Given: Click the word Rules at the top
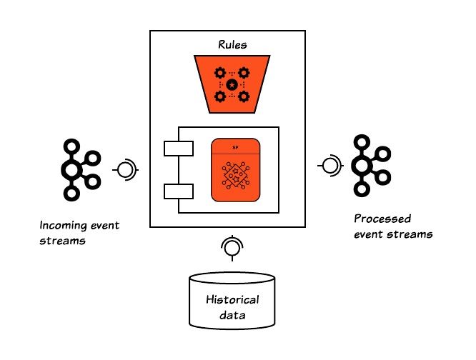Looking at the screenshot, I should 232,45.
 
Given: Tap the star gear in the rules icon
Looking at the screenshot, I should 232,85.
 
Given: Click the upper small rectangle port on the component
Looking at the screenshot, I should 179,148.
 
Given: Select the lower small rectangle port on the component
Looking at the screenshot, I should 179,191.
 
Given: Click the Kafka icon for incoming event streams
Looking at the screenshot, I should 76,169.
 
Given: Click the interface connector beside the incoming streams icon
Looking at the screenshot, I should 125,170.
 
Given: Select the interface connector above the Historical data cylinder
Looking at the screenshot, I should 230,247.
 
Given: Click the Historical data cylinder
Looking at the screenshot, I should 232,299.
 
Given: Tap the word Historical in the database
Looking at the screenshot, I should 232,299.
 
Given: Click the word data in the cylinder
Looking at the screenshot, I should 232,314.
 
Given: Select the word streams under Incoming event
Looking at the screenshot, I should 62,241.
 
